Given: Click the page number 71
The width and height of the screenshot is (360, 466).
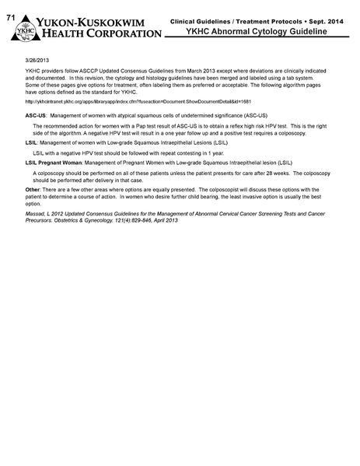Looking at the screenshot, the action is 9,18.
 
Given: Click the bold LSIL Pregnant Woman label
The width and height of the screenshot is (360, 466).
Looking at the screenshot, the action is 53,163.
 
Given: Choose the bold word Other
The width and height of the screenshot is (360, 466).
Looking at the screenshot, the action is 33,189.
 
